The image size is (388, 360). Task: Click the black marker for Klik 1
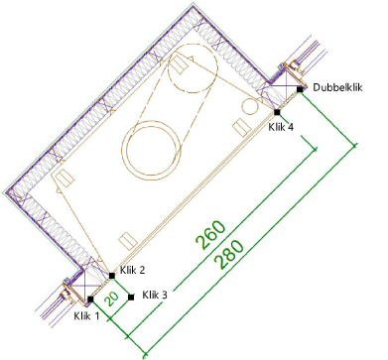coord(90,300)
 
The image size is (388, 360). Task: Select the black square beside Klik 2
coord(112,276)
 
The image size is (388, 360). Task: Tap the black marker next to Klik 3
coord(131,298)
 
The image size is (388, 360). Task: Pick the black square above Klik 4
coord(277,112)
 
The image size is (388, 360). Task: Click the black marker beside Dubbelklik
coord(300,89)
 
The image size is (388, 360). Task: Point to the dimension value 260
coord(210,235)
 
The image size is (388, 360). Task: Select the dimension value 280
coord(229,254)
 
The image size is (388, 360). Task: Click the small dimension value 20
coord(111,299)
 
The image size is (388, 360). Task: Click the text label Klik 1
coord(86,316)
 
